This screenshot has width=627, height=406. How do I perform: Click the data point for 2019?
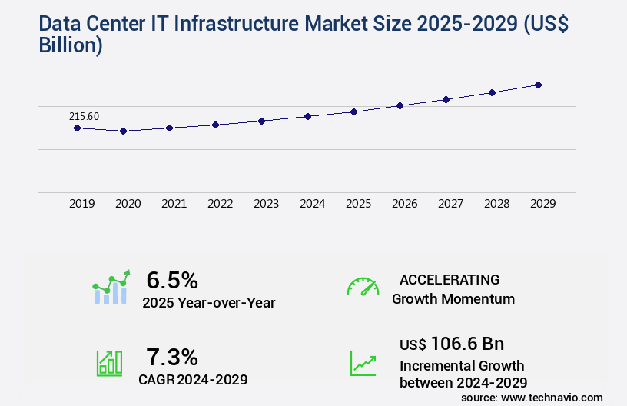click(x=77, y=128)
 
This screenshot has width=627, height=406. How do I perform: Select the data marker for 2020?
click(x=123, y=131)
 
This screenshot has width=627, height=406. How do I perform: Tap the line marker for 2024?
click(x=307, y=116)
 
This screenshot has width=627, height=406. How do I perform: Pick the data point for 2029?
click(x=538, y=85)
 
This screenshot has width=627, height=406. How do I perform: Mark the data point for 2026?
click(x=400, y=105)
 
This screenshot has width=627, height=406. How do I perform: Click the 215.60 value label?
click(x=85, y=116)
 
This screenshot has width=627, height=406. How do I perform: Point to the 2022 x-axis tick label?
click(x=220, y=204)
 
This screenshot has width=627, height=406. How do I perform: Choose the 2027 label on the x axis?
click(x=450, y=204)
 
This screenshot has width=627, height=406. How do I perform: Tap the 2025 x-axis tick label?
click(x=358, y=204)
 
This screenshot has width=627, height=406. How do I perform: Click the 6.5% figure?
click(x=172, y=279)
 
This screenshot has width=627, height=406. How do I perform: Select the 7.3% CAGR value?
click(x=172, y=357)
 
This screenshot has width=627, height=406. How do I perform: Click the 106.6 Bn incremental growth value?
click(x=452, y=343)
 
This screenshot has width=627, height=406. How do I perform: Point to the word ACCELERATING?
click(x=450, y=279)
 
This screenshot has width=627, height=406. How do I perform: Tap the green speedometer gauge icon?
click(x=363, y=287)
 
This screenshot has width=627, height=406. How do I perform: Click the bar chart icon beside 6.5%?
click(x=111, y=288)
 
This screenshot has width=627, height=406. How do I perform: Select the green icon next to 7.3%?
click(x=109, y=363)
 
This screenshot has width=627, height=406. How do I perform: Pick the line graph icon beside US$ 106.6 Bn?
click(x=363, y=363)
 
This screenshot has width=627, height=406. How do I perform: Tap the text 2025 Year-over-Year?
click(x=208, y=302)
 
